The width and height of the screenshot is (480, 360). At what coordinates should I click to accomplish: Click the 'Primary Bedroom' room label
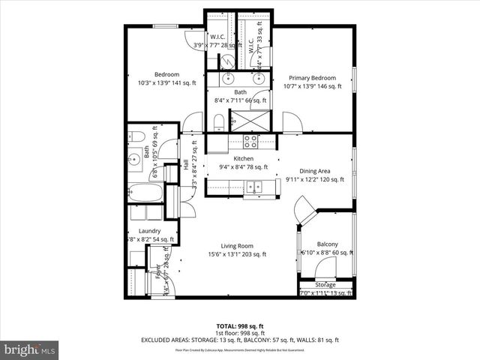(315, 77)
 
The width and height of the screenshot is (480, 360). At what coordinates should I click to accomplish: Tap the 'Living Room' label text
(237, 245)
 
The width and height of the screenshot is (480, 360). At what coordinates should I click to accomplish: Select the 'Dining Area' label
(315, 170)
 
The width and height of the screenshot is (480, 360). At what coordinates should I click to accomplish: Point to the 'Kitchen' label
(243, 159)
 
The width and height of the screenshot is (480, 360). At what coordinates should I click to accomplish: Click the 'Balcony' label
(327, 244)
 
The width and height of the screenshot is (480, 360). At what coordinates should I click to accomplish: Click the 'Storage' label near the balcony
(325, 284)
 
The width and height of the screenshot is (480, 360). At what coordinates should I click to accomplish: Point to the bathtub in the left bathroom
(145, 193)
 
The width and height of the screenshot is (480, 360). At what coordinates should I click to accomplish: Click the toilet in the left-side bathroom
(136, 136)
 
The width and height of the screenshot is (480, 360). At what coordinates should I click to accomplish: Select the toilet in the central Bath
(218, 121)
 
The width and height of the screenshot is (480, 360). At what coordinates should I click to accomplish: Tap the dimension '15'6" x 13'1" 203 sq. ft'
(237, 254)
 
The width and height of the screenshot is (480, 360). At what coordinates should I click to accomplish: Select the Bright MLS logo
(30, 349)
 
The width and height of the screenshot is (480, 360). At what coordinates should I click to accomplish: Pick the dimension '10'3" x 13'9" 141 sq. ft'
(166, 83)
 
